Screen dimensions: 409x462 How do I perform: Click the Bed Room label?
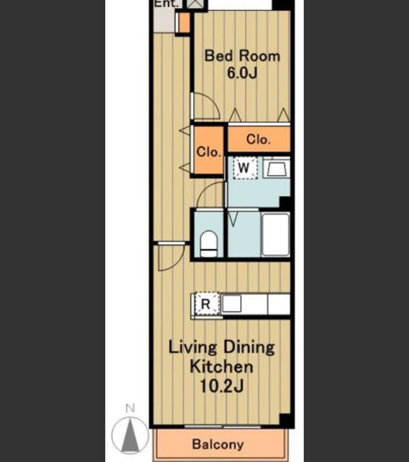pyautogui.click(x=242, y=56)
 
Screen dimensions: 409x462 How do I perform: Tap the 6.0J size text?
pyautogui.click(x=242, y=73)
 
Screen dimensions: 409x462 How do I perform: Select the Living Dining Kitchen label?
pyautogui.click(x=222, y=357)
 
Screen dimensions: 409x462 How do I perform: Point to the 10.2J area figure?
pyautogui.click(x=222, y=386)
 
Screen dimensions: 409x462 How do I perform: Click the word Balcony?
pyautogui.click(x=218, y=445)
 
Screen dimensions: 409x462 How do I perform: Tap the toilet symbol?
pyautogui.click(x=208, y=244)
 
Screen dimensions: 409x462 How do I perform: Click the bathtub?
pyautogui.click(x=275, y=235)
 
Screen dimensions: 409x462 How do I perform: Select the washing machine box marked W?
pyautogui.click(x=245, y=168)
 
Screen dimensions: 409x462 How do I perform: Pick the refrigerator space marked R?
pyautogui.click(x=207, y=304)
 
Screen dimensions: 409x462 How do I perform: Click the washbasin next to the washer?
pyautogui.click(x=276, y=167)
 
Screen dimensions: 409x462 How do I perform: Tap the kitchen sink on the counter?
pyautogui.click(x=232, y=304)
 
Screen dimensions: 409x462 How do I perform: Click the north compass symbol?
pyautogui.click(x=130, y=435)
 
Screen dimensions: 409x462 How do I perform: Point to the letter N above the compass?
pyautogui.click(x=130, y=408)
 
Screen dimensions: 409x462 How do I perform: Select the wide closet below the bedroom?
pyautogui.click(x=259, y=139)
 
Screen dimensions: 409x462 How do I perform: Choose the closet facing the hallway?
pyautogui.click(x=208, y=151)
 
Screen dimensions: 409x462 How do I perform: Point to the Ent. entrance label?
pyautogui.click(x=166, y=4)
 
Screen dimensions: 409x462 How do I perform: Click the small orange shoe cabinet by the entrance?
pyautogui.click(x=185, y=23)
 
